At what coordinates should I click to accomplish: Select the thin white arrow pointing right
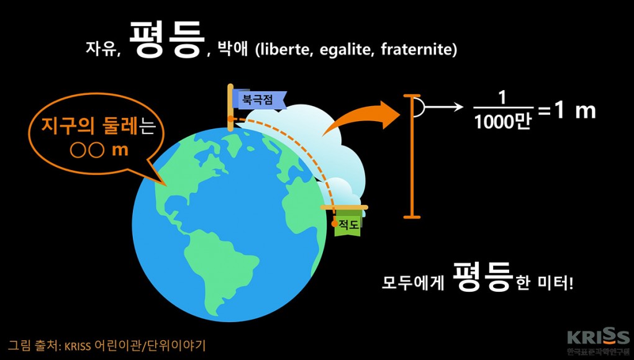(443, 107)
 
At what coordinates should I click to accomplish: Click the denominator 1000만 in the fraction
(502, 121)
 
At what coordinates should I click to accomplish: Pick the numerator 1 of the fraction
(503, 99)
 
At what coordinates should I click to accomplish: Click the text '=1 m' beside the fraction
(566, 110)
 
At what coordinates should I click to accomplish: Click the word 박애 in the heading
(232, 49)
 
